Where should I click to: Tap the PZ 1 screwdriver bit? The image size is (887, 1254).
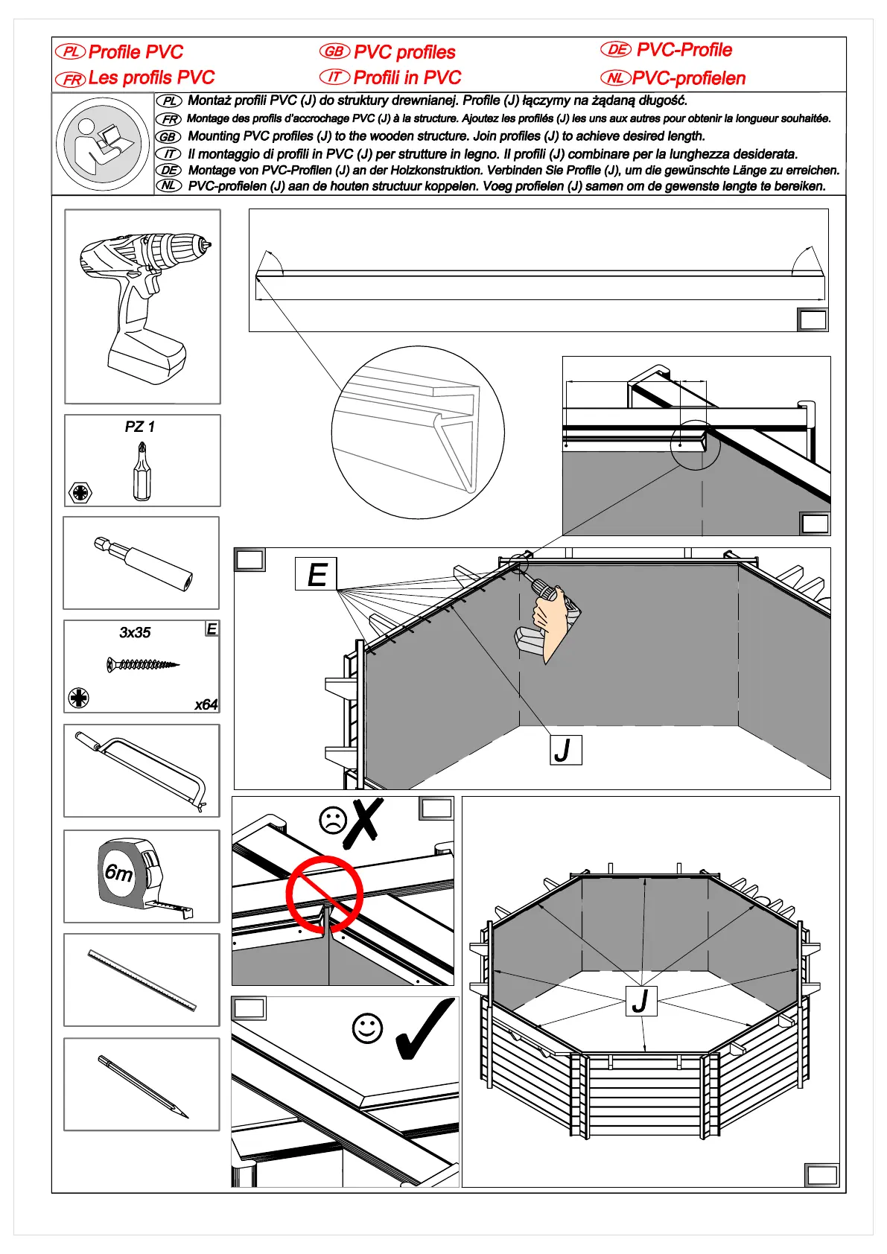(x=141, y=471)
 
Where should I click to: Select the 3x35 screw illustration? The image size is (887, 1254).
(x=142, y=663)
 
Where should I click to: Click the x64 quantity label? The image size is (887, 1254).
(x=206, y=704)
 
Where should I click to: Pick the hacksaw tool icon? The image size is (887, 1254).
(x=142, y=771)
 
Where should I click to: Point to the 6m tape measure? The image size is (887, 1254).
(x=138, y=875)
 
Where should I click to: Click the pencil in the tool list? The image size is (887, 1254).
(x=142, y=1086)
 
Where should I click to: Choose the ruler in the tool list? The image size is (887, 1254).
(x=142, y=980)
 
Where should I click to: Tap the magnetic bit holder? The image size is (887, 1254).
(x=143, y=563)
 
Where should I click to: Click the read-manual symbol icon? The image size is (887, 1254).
(x=103, y=144)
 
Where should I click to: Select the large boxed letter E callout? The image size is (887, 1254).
(x=317, y=574)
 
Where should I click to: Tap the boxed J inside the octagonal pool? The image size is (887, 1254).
(x=641, y=1001)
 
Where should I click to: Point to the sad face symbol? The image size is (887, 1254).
(x=333, y=820)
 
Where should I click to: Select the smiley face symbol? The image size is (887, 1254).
(x=367, y=1028)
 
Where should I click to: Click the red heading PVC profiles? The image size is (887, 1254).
(x=404, y=52)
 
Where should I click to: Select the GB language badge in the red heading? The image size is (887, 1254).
(x=334, y=51)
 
